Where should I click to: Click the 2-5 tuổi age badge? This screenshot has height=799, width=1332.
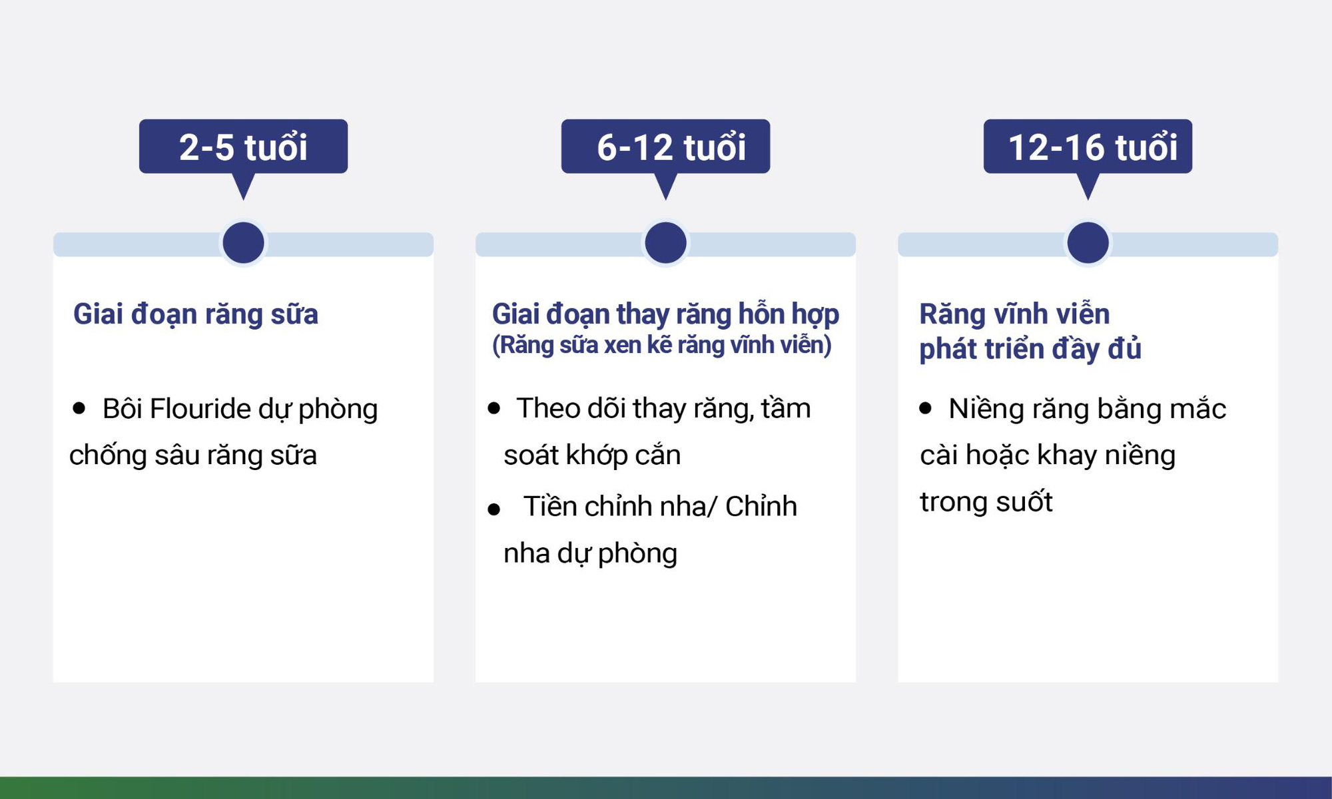click(243, 146)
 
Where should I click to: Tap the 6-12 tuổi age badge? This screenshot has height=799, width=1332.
click(665, 146)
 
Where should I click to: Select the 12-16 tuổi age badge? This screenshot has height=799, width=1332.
click(1088, 146)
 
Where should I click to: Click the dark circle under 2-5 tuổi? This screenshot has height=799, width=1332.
click(243, 242)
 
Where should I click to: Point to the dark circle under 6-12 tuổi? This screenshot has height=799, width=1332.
click(665, 242)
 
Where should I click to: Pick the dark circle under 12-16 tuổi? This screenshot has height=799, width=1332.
click(1088, 242)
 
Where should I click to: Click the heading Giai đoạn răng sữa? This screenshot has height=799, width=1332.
click(195, 314)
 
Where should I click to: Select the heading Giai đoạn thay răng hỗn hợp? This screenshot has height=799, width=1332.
click(665, 314)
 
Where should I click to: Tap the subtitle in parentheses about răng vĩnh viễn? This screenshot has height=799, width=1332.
click(661, 345)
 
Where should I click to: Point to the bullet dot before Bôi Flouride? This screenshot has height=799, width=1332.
click(79, 408)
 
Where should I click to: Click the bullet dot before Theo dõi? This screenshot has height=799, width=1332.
click(494, 408)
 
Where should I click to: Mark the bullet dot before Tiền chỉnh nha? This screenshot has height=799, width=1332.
click(494, 510)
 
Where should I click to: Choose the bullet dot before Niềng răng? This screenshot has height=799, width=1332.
click(925, 408)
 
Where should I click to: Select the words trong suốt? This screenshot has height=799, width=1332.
click(986, 501)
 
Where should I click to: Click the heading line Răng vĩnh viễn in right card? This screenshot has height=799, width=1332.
click(1014, 314)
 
